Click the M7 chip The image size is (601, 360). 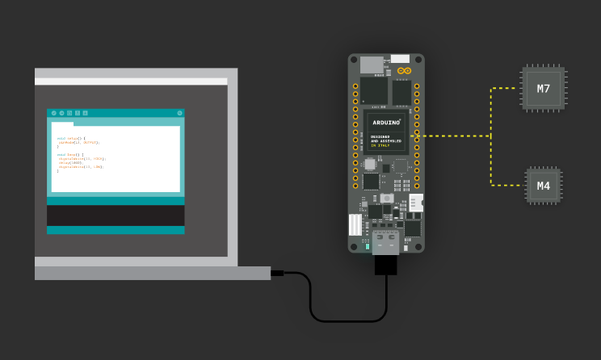click(x=544, y=87)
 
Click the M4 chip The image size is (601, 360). click(x=544, y=186)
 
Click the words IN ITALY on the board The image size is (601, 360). click(x=380, y=144)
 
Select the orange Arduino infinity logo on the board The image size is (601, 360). click(x=405, y=71)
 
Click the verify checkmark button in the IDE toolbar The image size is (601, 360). click(x=53, y=113)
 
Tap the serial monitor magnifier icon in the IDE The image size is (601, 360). click(x=179, y=113)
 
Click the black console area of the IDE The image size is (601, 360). click(x=116, y=216)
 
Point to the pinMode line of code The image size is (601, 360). click(x=78, y=142)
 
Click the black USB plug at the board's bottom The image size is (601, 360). click(x=385, y=266)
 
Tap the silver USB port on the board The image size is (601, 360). click(x=385, y=241)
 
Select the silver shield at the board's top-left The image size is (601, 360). click(x=371, y=64)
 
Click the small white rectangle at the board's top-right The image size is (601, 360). click(x=400, y=59)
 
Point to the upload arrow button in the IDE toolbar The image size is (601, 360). click(x=61, y=113)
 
